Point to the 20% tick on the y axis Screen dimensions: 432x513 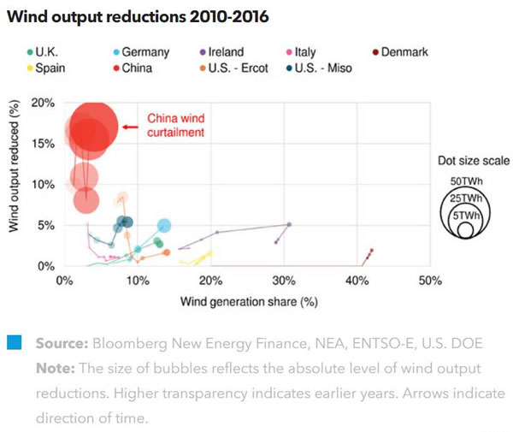[43, 103]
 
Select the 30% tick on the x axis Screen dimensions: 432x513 [283, 281]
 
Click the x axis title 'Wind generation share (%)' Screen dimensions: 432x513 [249, 301]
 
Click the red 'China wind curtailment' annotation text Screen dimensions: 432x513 [176, 126]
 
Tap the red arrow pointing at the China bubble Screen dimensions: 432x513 [129, 127]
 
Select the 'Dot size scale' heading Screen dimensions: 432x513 [467, 160]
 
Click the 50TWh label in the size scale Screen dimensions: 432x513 [466, 182]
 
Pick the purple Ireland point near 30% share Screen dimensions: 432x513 [289, 224]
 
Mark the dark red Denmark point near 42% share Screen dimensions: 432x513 [372, 251]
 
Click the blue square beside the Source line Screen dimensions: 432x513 [13, 343]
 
